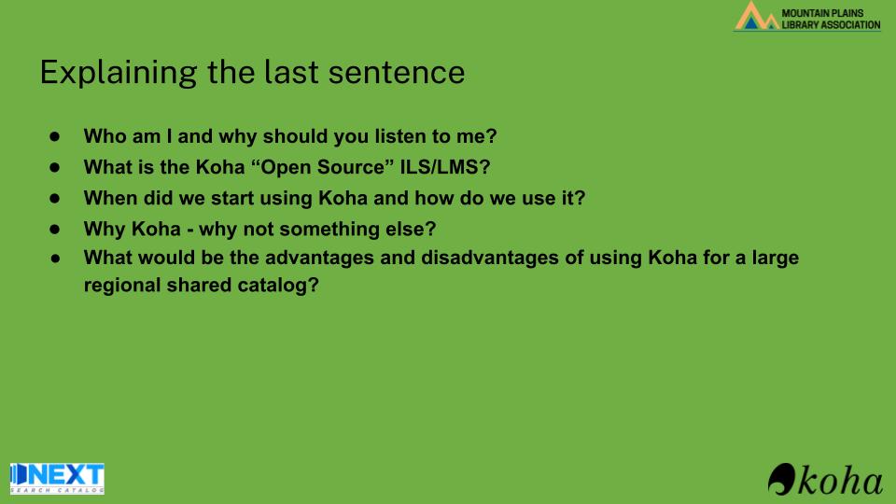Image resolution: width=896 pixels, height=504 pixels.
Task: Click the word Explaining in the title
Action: click(x=119, y=73)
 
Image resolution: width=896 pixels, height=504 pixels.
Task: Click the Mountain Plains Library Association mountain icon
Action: click(x=757, y=16)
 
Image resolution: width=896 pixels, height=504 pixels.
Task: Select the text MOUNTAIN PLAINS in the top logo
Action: click(x=822, y=13)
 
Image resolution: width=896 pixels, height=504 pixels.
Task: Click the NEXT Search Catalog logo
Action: click(x=57, y=478)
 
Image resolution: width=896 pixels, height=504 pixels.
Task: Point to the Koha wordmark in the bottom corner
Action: click(x=840, y=481)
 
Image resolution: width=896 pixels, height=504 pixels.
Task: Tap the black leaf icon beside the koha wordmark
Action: click(x=782, y=479)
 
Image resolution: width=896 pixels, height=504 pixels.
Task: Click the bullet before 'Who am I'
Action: click(x=55, y=136)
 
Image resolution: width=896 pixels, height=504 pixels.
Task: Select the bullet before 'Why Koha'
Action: click(x=55, y=229)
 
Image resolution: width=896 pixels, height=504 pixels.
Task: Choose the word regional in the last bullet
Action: click(x=122, y=286)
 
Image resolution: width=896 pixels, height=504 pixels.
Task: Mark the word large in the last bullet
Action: click(x=776, y=258)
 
